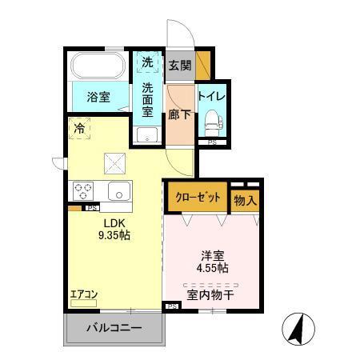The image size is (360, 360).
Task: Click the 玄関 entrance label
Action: coord(180,66)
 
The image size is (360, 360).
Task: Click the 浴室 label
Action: coord(98,98)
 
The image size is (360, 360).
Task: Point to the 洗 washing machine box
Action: coord(147,62)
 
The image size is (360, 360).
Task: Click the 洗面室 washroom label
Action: coord(147,100)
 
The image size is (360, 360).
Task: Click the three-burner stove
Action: coord(84,191)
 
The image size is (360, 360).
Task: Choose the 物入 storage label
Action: coord(245,200)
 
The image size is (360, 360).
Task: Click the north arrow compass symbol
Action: coord(295,328)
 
